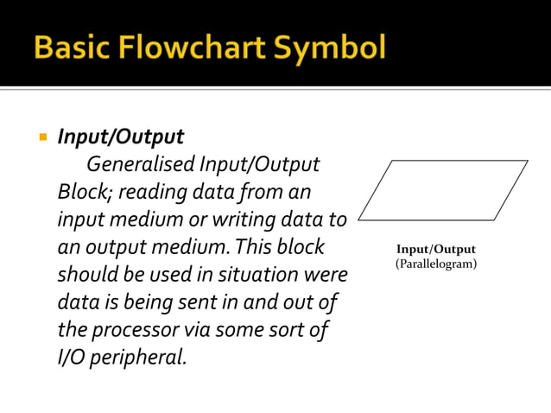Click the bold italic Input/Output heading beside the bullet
pyautogui.click(x=120, y=137)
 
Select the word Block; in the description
pyautogui.click(x=81, y=191)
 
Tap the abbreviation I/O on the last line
pyautogui.click(x=73, y=357)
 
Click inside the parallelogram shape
pyautogui.click(x=442, y=189)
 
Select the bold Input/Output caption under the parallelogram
pyautogui.click(x=435, y=250)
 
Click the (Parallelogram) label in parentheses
pyautogui.click(x=435, y=264)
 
